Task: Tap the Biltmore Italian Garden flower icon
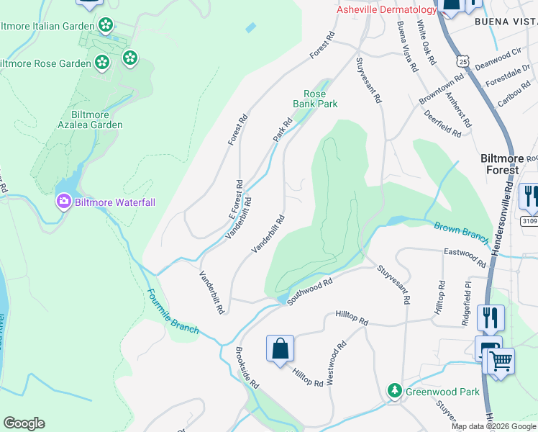(x=106, y=26)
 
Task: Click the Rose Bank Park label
(x=315, y=99)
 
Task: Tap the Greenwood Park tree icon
(x=394, y=391)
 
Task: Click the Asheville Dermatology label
(x=387, y=9)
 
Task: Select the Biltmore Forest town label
(x=499, y=164)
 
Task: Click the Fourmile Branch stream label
(x=173, y=311)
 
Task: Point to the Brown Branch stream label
(x=461, y=233)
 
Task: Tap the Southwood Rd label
(x=309, y=292)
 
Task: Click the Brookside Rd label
(x=247, y=369)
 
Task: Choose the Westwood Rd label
(x=335, y=363)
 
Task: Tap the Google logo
(x=24, y=423)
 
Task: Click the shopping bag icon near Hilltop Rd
(x=280, y=349)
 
